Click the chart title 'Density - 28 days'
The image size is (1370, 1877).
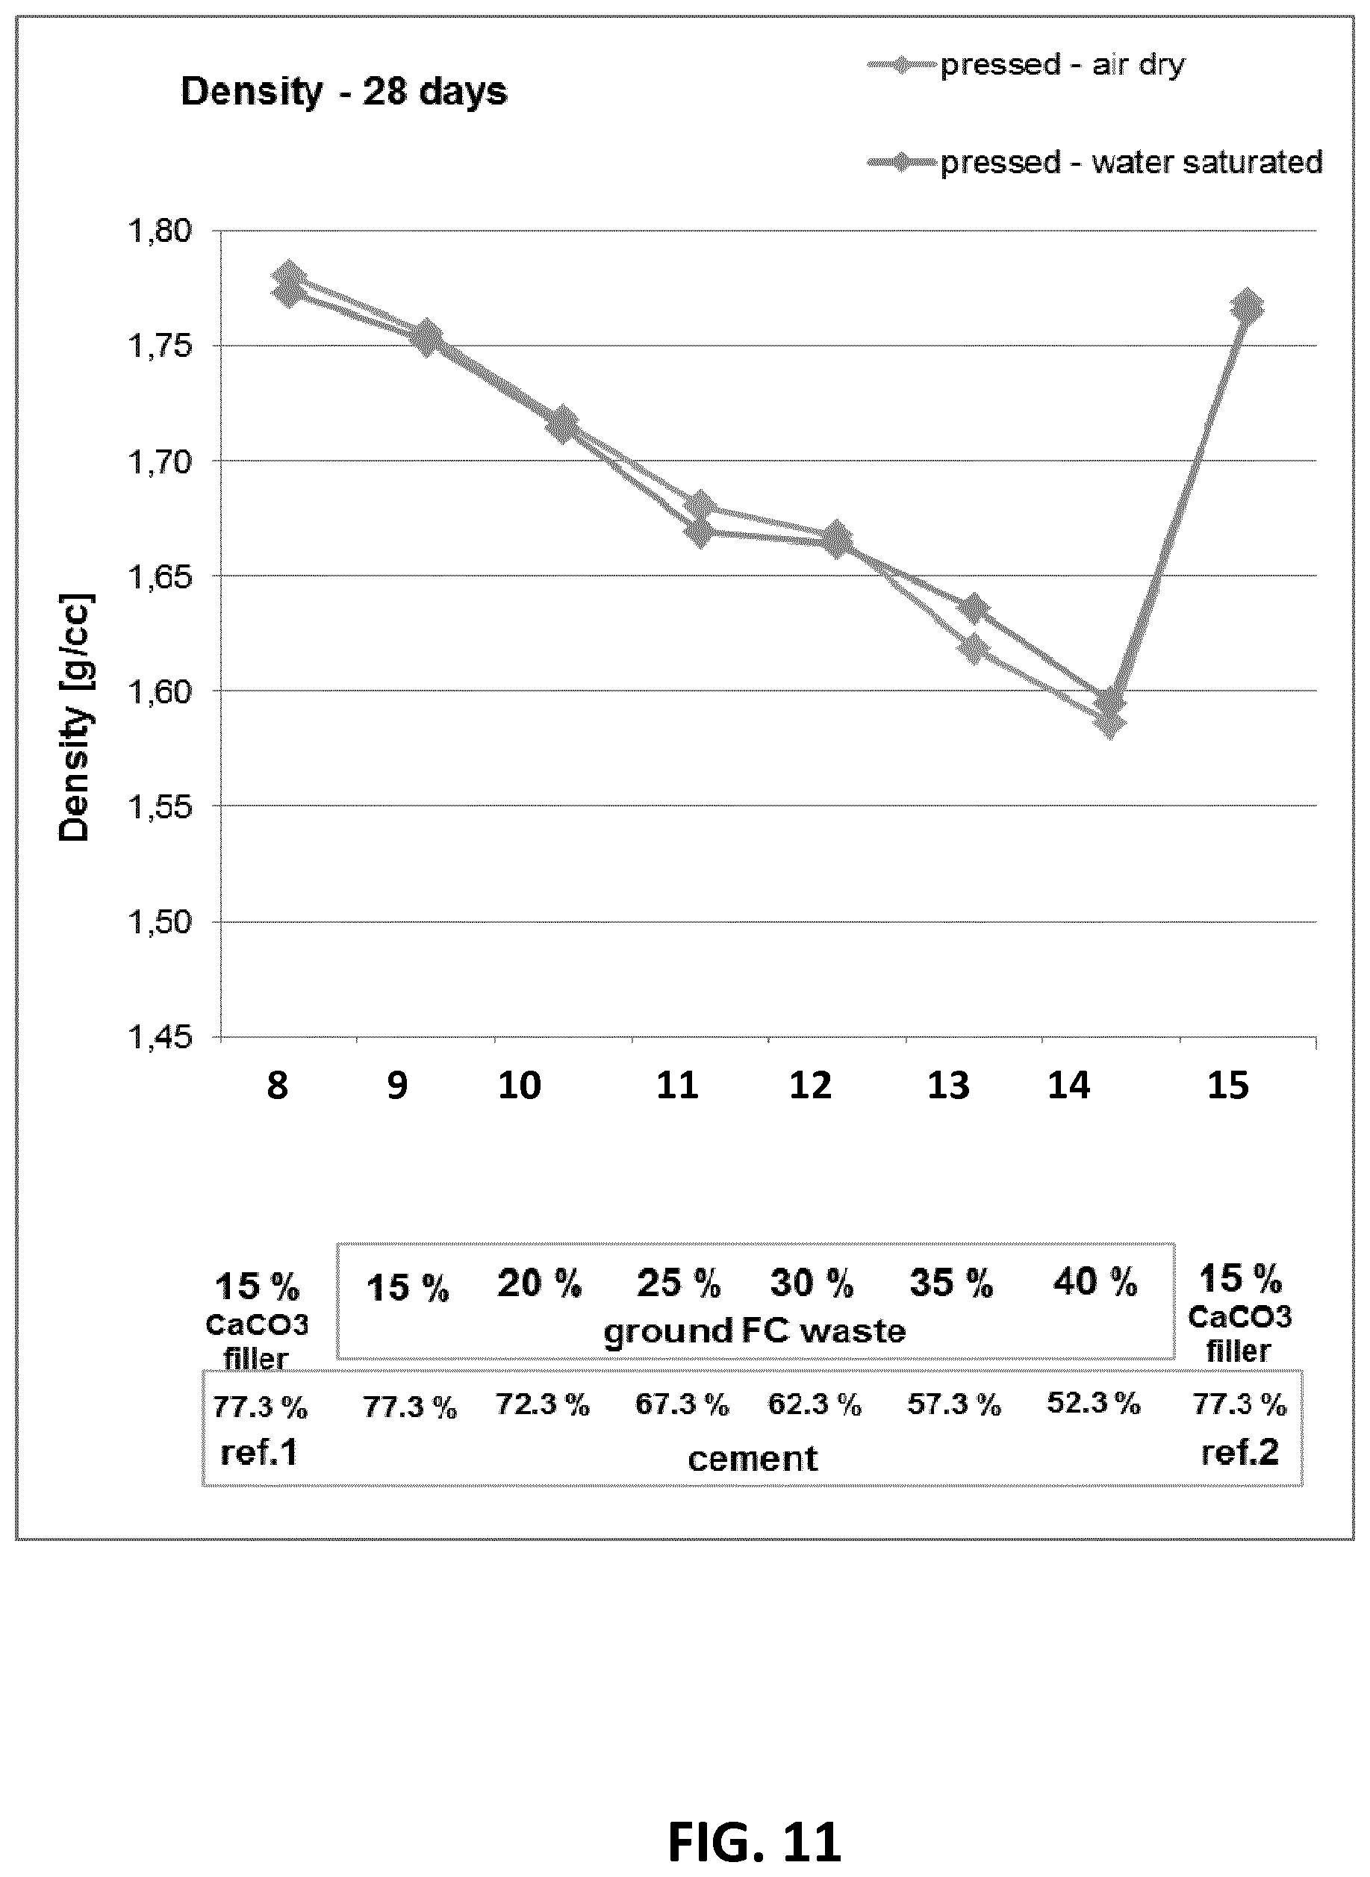point(343,91)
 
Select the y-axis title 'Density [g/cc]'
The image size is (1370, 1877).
point(75,718)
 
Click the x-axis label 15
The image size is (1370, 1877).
point(1227,1086)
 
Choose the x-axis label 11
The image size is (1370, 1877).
point(678,1086)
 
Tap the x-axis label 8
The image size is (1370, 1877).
point(278,1086)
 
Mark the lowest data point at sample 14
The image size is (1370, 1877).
point(1109,724)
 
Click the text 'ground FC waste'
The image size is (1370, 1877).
point(755,1332)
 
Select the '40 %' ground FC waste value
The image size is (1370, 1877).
point(1095,1282)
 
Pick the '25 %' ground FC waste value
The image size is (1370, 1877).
point(679,1284)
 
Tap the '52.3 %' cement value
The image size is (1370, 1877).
point(1093,1403)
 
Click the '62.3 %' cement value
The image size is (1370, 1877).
point(815,1404)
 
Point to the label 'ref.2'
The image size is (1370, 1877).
point(1240,1452)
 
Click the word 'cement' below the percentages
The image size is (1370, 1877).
point(753,1459)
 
